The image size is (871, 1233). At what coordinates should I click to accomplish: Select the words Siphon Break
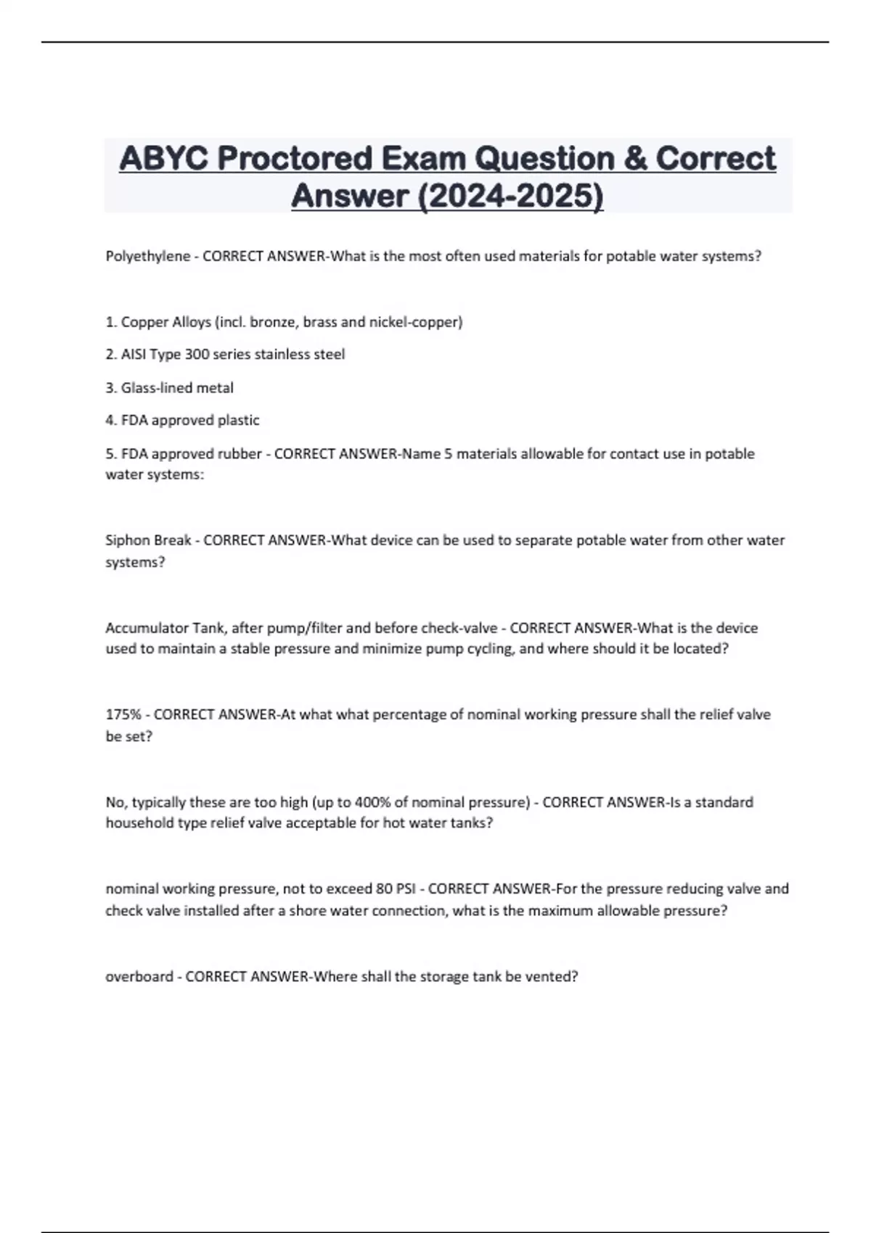tap(148, 540)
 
